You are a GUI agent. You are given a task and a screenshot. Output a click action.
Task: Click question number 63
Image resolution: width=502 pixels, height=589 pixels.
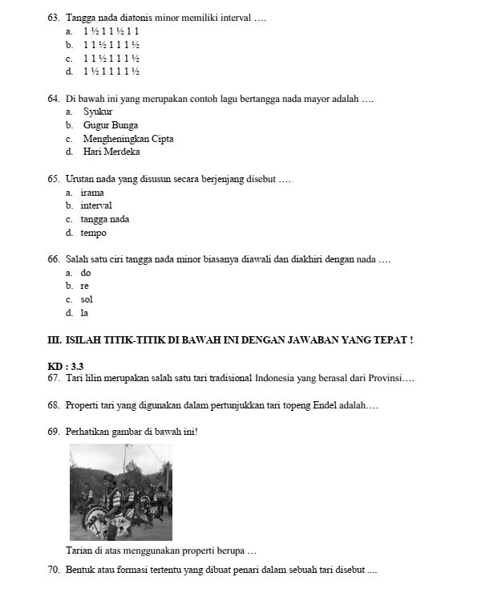(x=54, y=17)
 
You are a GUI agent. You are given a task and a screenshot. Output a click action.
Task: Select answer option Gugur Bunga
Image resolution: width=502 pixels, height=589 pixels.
(x=110, y=125)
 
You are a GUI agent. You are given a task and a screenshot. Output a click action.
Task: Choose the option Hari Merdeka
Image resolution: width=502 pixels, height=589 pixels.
(x=111, y=152)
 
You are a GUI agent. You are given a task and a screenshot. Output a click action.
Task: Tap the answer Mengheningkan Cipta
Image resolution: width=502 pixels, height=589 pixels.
(x=128, y=139)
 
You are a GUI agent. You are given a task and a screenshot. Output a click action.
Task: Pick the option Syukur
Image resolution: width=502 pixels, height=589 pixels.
(x=98, y=112)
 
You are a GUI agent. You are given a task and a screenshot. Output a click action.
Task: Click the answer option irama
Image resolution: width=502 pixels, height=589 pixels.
(x=92, y=193)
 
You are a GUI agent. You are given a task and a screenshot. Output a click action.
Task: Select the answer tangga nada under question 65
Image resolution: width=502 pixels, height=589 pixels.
(x=105, y=219)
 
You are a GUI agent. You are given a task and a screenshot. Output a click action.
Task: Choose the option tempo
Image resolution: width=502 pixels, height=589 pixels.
(x=93, y=233)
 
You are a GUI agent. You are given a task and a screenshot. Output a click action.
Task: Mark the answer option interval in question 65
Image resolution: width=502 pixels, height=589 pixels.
(x=96, y=205)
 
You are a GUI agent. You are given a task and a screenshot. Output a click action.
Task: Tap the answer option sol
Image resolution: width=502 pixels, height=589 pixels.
(x=87, y=299)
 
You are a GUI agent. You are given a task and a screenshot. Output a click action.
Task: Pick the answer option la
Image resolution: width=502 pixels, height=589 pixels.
(x=85, y=313)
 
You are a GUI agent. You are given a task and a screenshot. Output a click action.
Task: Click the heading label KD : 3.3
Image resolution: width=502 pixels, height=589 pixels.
(x=66, y=366)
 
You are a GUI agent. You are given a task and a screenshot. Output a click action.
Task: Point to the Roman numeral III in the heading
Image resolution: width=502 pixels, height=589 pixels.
(x=55, y=340)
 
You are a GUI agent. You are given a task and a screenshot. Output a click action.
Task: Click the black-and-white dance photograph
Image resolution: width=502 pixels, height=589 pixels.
(x=120, y=492)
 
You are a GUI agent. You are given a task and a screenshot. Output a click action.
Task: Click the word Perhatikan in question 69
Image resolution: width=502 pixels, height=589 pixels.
(x=91, y=432)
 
